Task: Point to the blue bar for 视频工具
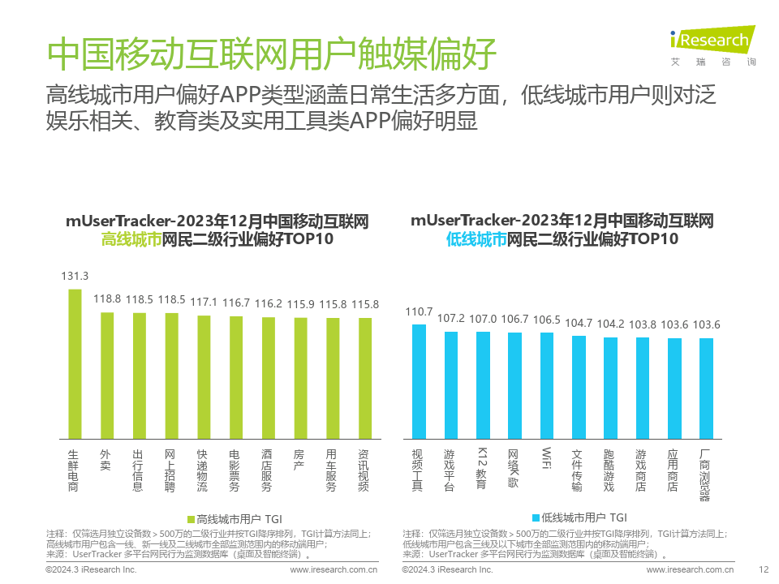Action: (x=419, y=381)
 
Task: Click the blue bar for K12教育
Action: (x=483, y=384)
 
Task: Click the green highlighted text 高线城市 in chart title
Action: (x=131, y=239)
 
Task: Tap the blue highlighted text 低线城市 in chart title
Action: (x=476, y=239)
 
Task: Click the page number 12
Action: (x=762, y=570)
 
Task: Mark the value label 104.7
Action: (x=579, y=323)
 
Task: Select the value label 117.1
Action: (x=204, y=302)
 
